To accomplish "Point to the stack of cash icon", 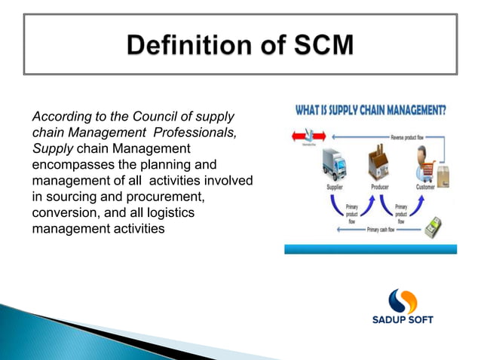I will click(x=436, y=225).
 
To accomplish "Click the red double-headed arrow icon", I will click(x=306, y=136).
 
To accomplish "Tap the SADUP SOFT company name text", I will click(x=403, y=320).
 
